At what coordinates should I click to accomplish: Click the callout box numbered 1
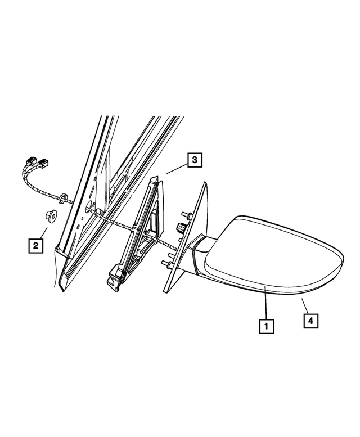point(266,326)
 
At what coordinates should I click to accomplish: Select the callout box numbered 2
point(35,246)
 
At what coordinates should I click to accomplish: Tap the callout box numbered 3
point(195,160)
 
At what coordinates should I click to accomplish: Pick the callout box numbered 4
point(310,321)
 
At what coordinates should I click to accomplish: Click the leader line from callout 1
point(265,303)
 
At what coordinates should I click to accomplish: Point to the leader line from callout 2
point(44,233)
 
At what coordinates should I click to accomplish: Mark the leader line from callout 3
point(177,169)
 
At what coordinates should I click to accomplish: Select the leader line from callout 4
point(305,306)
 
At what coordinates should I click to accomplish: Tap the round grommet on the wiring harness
point(62,198)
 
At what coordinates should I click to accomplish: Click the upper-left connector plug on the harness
point(31,161)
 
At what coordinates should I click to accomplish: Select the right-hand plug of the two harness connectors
point(43,163)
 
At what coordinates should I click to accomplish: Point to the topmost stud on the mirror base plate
point(186,215)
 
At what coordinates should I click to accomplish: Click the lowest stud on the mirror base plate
point(166,264)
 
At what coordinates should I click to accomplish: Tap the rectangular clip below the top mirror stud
point(182,227)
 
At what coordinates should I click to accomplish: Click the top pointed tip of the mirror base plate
point(205,183)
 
